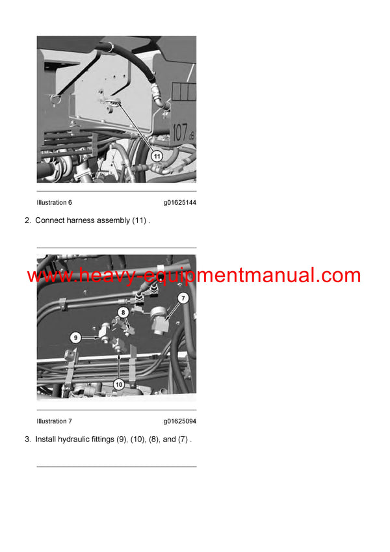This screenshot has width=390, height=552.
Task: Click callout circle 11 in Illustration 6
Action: pyautogui.click(x=157, y=156)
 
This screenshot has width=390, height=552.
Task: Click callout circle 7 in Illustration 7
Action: pyautogui.click(x=183, y=298)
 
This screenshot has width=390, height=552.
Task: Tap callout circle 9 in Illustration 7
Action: pyautogui.click(x=76, y=337)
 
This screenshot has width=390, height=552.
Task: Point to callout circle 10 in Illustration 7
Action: pyautogui.click(x=118, y=384)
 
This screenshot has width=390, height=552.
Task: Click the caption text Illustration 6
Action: pyautogui.click(x=54, y=203)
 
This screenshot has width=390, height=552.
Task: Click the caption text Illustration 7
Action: pyautogui.click(x=54, y=421)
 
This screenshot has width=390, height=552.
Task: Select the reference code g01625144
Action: pyautogui.click(x=179, y=203)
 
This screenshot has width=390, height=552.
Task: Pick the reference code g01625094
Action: pyautogui.click(x=179, y=421)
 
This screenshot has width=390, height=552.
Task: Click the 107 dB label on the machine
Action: pyautogui.click(x=183, y=133)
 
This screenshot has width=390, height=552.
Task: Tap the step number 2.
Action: pyautogui.click(x=27, y=220)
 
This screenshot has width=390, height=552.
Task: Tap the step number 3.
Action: pyautogui.click(x=27, y=439)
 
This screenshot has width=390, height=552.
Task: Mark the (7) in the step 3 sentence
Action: pyautogui.click(x=183, y=439)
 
